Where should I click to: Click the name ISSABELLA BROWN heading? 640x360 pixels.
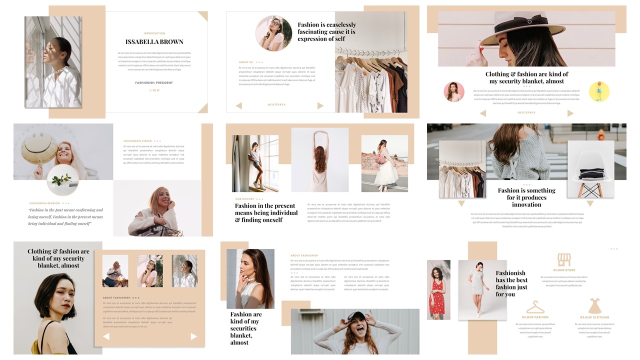[154, 42]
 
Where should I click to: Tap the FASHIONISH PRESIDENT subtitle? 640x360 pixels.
[154, 82]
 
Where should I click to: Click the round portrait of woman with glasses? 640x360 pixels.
[273, 33]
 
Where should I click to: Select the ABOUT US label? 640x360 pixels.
[246, 62]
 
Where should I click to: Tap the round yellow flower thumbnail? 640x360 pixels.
[599, 91]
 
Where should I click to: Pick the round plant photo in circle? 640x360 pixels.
[63, 180]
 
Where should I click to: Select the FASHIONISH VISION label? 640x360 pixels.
[137, 141]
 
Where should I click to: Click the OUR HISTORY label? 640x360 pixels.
[245, 199]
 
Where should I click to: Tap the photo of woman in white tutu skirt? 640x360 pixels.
[384, 163]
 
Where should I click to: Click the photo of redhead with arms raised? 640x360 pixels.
[319, 160]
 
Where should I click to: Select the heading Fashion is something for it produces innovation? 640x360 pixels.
[526, 197]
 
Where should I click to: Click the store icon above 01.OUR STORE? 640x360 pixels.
[564, 259]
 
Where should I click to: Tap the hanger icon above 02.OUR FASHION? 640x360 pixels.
[535, 306]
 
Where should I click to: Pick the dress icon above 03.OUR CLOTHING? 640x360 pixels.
[594, 306]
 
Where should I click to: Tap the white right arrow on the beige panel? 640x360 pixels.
[193, 336]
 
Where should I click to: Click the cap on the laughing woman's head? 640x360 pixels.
[355, 315]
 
